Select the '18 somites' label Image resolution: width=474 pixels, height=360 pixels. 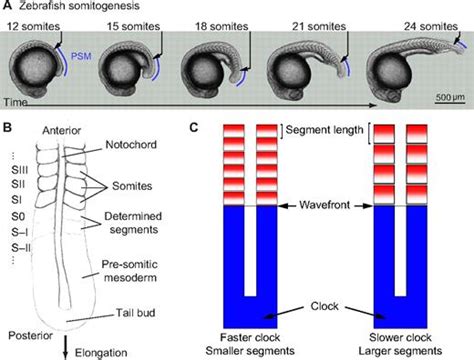point(217,23)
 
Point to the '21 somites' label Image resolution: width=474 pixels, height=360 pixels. point(310,23)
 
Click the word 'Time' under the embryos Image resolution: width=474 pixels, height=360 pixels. point(17,103)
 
